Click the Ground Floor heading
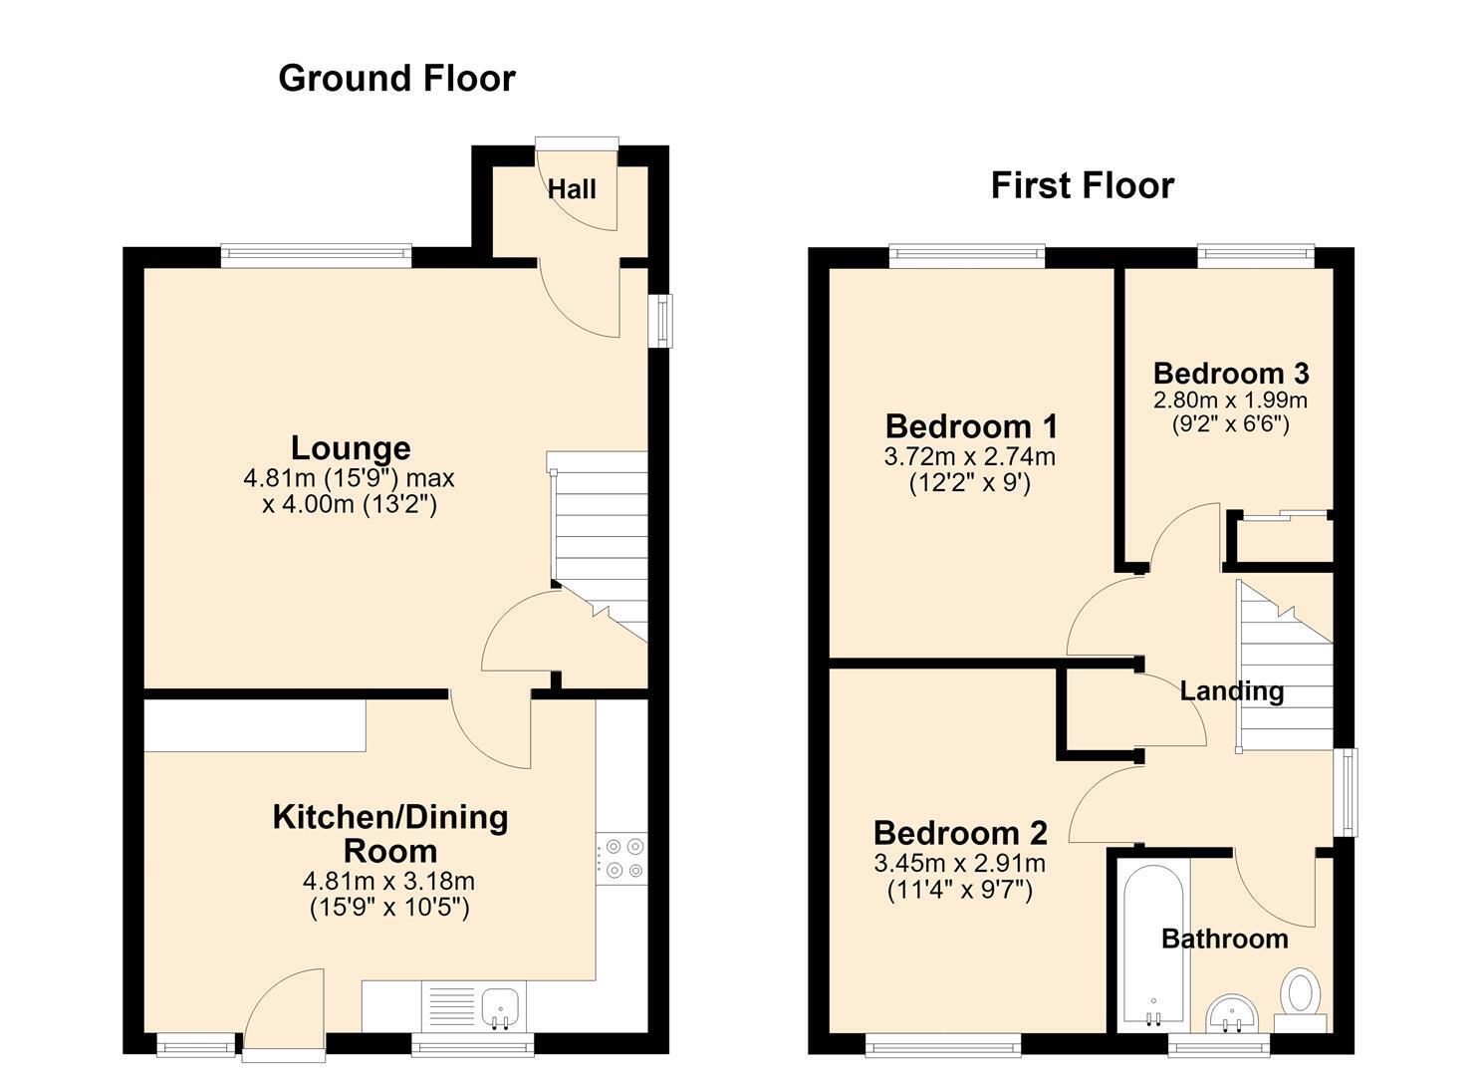[x=396, y=79]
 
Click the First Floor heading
[x=1083, y=185]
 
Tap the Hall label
[x=572, y=189]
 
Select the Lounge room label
[x=351, y=448]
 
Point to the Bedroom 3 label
[x=1231, y=374]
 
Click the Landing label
[x=1232, y=690]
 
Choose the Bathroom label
[x=1225, y=939]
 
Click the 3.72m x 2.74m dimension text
[x=969, y=456]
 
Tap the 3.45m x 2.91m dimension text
[x=959, y=863]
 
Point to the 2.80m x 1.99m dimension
[x=1230, y=400]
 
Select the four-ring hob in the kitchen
[x=621, y=858]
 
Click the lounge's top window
[x=317, y=256]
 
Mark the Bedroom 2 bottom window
[x=943, y=1046]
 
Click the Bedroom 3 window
[x=1257, y=256]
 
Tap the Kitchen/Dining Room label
[x=390, y=834]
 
